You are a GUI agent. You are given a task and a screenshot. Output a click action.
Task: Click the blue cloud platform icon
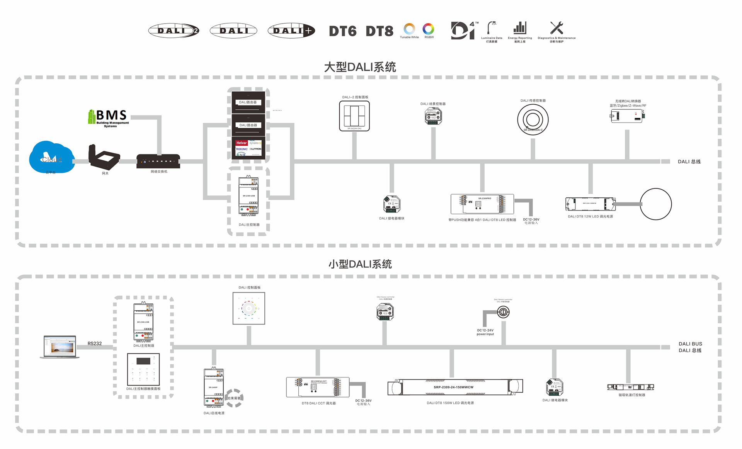[52, 157]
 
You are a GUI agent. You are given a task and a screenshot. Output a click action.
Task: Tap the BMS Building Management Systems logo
[109, 118]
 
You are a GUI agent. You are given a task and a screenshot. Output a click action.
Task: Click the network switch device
[158, 161]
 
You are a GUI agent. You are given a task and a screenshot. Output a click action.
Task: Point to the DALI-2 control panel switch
[354, 116]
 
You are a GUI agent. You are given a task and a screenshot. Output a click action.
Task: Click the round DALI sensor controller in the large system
[533, 119]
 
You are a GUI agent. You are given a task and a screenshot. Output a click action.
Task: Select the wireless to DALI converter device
[627, 116]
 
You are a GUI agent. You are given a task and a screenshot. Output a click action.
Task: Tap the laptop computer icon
[60, 347]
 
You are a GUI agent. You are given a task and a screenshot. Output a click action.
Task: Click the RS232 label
[95, 344]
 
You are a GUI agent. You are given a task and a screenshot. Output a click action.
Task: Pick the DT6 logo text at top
[343, 31]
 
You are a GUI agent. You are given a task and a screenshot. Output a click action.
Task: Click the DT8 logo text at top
[380, 31]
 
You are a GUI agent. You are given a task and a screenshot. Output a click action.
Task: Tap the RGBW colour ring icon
[428, 29]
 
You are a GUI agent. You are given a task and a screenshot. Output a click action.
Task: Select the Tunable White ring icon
[409, 29]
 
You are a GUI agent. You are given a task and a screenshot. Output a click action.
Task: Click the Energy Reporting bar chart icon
[520, 28]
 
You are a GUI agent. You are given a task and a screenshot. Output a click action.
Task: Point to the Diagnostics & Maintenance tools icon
[556, 28]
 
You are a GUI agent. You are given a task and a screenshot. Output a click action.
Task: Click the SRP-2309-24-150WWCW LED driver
[455, 387]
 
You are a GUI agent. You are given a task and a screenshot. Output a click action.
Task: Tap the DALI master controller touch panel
[143, 369]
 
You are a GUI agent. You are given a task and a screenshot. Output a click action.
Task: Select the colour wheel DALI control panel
[249, 308]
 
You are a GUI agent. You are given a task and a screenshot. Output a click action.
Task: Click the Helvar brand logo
[242, 143]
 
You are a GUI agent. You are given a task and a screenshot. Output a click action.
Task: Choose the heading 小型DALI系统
[360, 264]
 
